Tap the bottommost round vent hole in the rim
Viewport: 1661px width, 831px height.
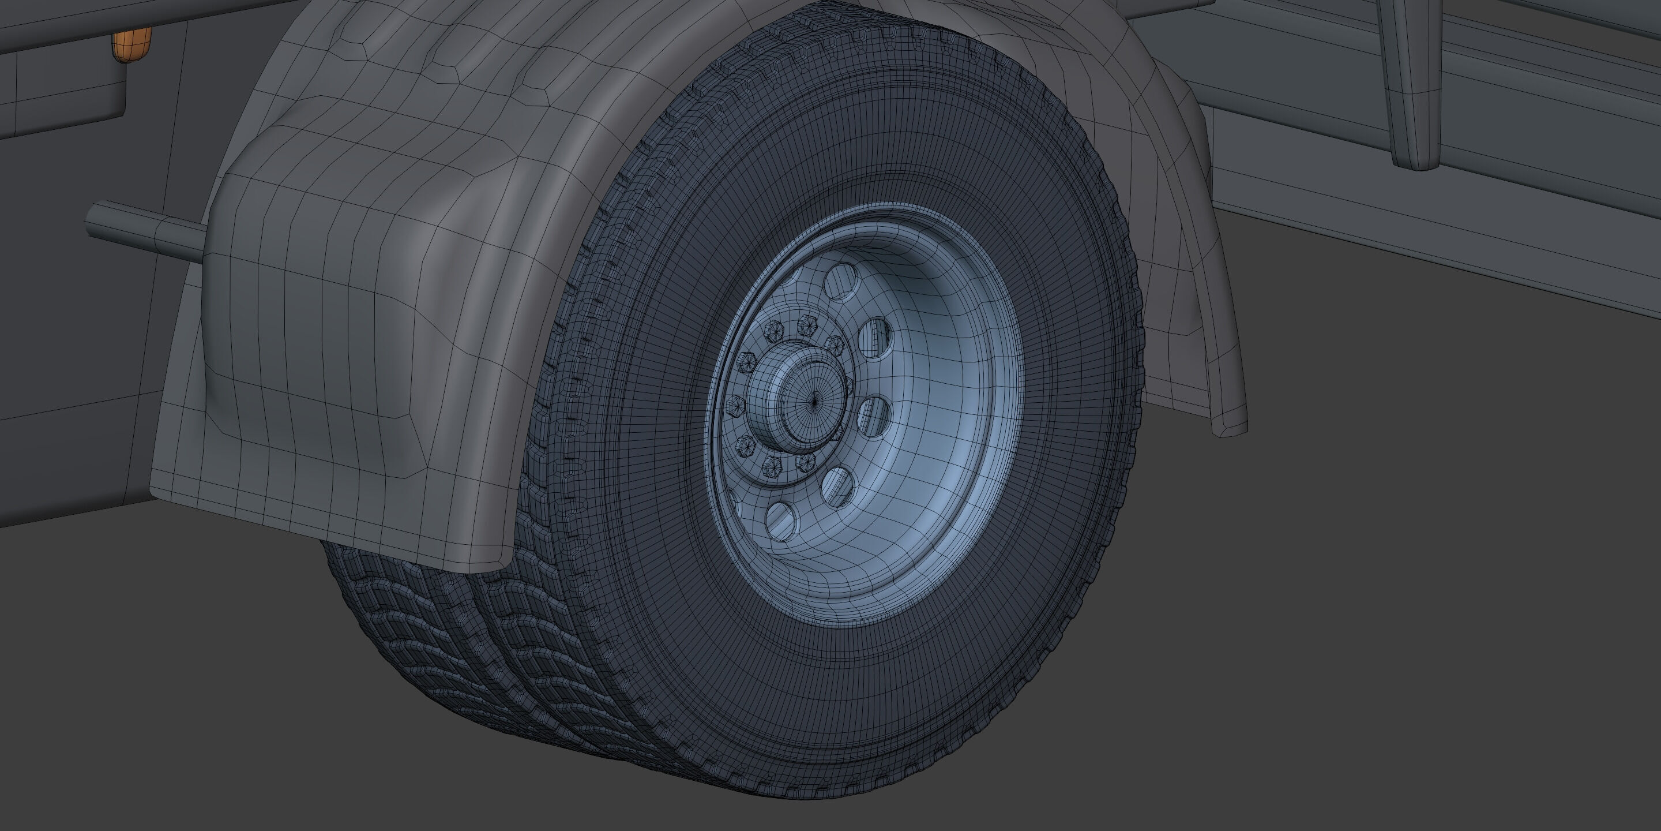[x=781, y=519]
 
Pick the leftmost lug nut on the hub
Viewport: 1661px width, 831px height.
[x=734, y=406]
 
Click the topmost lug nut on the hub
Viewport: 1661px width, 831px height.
[x=805, y=324]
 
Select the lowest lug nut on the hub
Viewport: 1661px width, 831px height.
[x=772, y=466]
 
